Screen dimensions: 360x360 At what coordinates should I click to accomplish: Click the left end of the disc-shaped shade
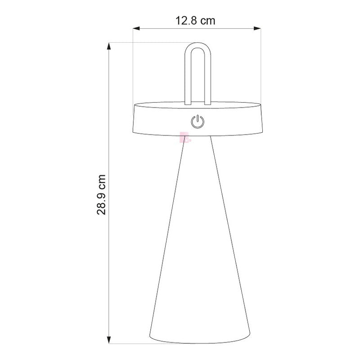(x=134, y=119)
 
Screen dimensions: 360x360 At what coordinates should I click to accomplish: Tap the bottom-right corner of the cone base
(x=250, y=337)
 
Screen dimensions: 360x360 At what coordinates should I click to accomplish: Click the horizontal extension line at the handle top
(x=148, y=43)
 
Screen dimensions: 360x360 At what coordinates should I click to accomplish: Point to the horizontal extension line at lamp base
(x=130, y=344)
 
